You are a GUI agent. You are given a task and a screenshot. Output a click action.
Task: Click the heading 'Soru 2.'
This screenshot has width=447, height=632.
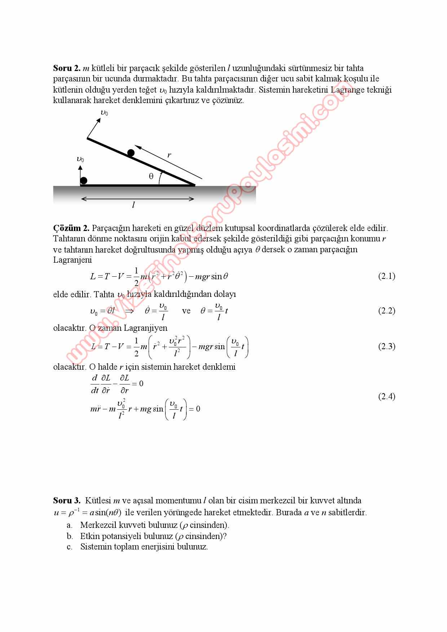pos(67,68)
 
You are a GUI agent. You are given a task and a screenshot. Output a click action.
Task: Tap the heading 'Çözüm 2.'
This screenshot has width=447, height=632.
pos(71,228)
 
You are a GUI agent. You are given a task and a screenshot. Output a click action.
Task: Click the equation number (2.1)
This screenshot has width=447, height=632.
pos(386,276)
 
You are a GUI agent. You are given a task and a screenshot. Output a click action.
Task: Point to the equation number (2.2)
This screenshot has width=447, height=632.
pos(386,311)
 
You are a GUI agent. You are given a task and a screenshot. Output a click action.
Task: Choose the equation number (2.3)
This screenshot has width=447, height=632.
pos(386,347)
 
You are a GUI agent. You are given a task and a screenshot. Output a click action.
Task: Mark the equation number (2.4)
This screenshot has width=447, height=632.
pos(386,397)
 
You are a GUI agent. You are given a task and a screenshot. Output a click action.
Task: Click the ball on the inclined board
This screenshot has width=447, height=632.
pos(131,153)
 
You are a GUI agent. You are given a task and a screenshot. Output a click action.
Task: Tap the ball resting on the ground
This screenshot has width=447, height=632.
pos(84,181)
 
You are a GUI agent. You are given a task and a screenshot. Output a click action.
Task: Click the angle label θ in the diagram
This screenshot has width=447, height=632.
pos(151,177)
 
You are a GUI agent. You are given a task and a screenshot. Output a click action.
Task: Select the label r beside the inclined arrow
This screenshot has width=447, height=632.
pos(169,155)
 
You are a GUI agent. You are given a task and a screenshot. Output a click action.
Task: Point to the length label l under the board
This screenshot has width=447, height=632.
pos(133,205)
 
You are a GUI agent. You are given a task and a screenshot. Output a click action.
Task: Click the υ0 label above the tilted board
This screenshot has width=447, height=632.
pos(104,113)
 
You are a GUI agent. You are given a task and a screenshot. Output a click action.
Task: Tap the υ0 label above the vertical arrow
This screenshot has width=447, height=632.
pos(80,159)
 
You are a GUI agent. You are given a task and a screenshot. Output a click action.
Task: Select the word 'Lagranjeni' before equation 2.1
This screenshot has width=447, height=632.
pos(72,260)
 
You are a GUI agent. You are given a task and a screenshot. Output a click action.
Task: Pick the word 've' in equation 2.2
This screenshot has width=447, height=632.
pos(186,311)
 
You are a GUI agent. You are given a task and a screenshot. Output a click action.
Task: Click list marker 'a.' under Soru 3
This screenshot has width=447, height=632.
pos(70,525)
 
